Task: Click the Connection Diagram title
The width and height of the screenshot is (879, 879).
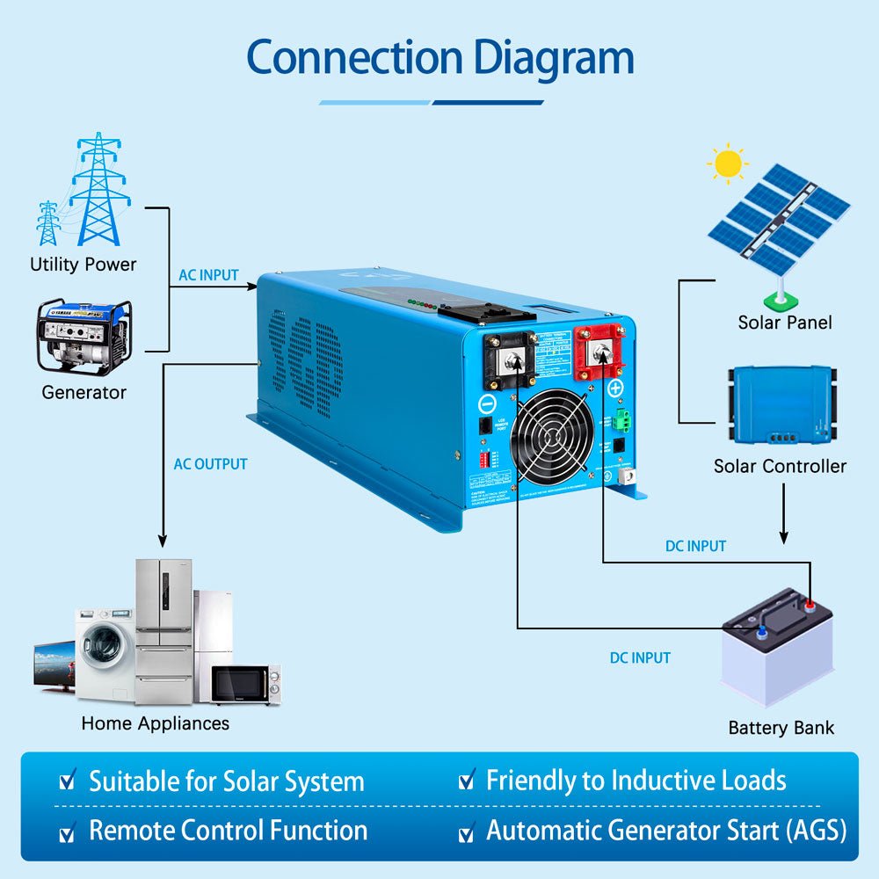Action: point(439,58)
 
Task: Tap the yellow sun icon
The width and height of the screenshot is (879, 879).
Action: point(728,163)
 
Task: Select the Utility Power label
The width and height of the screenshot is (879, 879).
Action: point(84,264)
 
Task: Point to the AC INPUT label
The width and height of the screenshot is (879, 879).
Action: point(208,275)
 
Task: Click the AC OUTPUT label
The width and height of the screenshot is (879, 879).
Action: point(211,464)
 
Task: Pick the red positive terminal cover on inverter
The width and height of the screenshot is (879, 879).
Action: point(604,353)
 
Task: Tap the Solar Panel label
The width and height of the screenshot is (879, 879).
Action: point(785,323)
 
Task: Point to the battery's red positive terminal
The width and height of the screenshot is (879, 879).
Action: point(809,604)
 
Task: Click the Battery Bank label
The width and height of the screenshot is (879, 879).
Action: point(781,728)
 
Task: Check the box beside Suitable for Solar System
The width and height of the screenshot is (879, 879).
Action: point(67,781)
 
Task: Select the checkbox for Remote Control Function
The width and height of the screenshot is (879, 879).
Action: point(67,831)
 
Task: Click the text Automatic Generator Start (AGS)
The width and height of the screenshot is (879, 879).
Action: point(666,831)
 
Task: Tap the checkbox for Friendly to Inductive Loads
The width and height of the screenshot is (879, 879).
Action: point(467,781)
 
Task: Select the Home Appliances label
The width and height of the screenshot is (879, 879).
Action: point(155,723)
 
